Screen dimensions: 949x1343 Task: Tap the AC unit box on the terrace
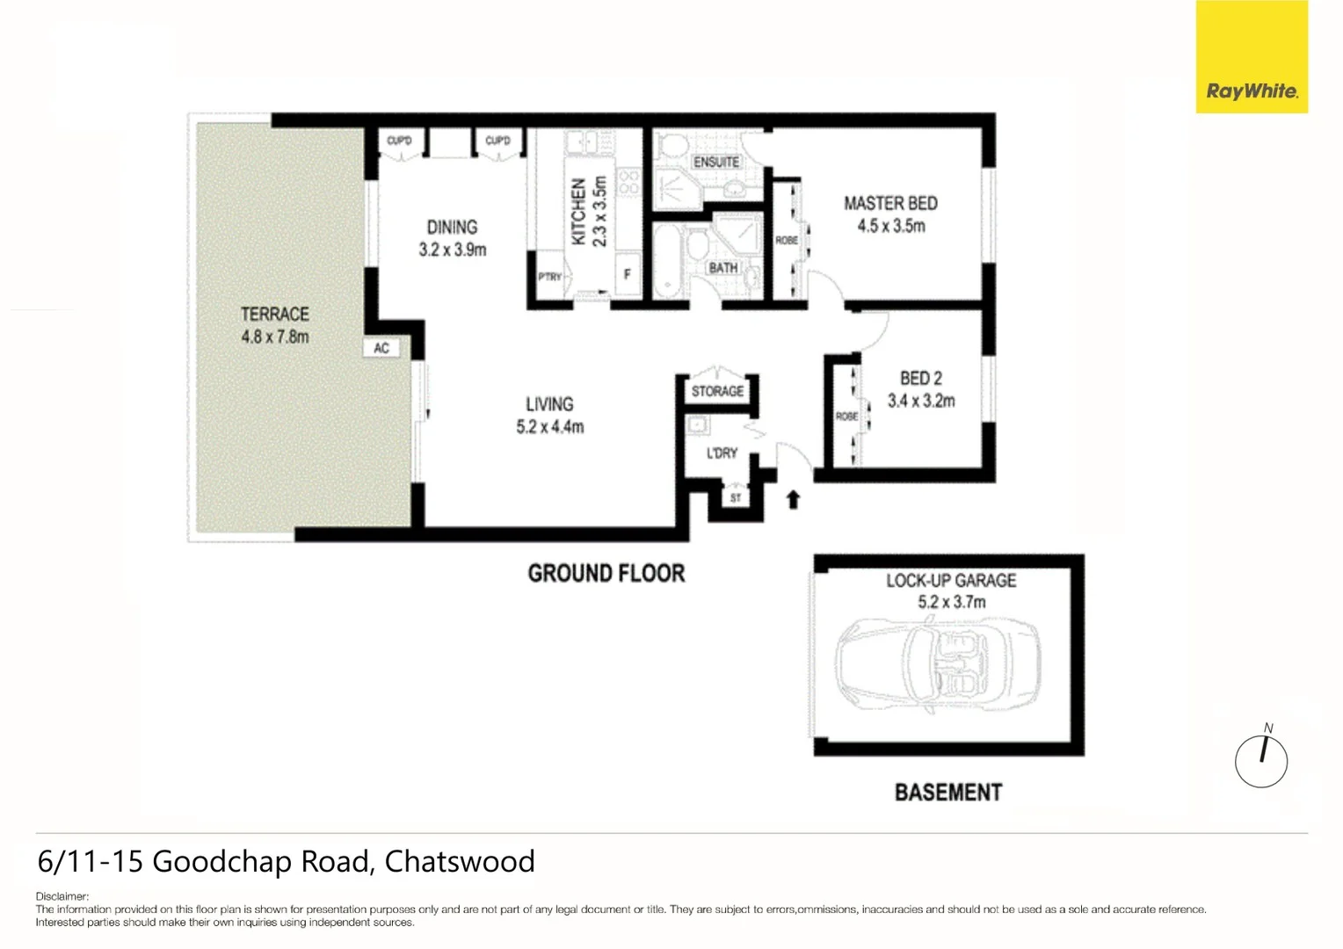click(x=381, y=348)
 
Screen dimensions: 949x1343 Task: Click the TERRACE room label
click(x=275, y=314)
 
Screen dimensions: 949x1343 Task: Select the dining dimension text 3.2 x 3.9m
click(x=453, y=250)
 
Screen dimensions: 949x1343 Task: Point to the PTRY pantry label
click(x=549, y=277)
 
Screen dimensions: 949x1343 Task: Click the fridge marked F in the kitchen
click(x=627, y=274)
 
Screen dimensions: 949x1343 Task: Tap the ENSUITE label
click(x=716, y=162)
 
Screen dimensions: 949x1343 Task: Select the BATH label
click(x=723, y=267)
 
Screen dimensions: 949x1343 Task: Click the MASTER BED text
click(x=890, y=203)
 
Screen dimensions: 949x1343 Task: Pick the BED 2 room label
click(x=920, y=378)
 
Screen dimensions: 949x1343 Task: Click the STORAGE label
click(x=717, y=391)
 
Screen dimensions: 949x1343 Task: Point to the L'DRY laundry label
click(x=722, y=453)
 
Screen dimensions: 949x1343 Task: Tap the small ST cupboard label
click(x=736, y=498)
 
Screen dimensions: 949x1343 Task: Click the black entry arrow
click(x=793, y=499)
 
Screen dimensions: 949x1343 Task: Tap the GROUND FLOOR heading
click(x=606, y=574)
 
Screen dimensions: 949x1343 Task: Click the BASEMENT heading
click(x=947, y=793)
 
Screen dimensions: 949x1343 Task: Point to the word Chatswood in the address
click(x=459, y=861)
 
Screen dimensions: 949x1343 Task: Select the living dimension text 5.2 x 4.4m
click(x=550, y=427)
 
